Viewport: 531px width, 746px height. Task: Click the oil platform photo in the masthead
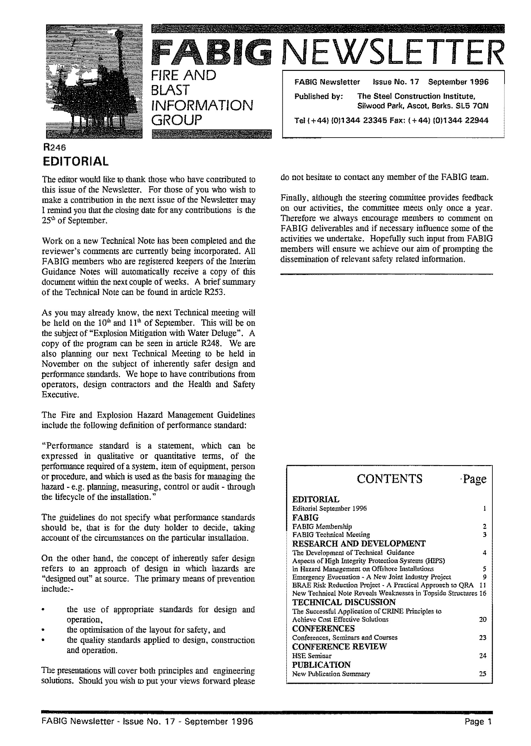(94, 81)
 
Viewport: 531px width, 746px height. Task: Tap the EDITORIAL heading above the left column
(76, 161)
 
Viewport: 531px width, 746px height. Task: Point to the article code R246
(55, 147)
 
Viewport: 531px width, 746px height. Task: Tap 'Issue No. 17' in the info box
(396, 82)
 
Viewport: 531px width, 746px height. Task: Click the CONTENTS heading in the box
(389, 479)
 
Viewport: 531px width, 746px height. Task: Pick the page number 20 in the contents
(482, 619)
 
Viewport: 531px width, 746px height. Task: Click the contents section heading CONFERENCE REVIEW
(339, 647)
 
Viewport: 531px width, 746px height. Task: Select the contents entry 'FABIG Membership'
(322, 526)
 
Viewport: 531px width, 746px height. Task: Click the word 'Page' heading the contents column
(475, 479)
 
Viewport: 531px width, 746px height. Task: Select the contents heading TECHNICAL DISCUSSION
(344, 602)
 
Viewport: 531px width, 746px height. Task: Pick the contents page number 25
(482, 674)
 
